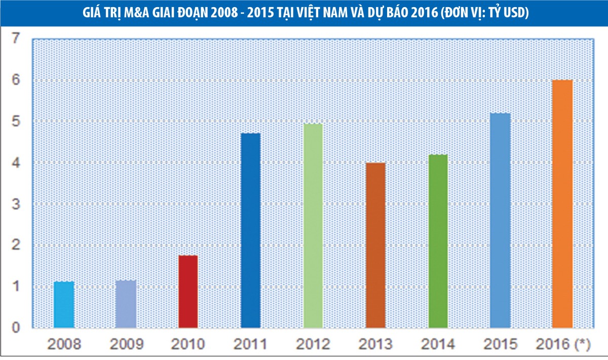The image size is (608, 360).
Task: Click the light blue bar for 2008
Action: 64,304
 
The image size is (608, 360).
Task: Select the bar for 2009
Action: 126,304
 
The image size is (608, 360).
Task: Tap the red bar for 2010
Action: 188,292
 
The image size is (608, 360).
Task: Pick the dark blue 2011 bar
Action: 251,231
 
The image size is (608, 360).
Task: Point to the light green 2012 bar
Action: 313,226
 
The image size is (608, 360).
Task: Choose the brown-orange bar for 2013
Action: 375,245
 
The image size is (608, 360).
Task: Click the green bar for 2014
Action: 438,241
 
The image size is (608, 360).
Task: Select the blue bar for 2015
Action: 500,221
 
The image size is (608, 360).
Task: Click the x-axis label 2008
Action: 64,345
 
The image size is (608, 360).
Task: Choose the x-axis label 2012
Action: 313,345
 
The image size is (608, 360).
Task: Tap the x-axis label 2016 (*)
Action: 562,345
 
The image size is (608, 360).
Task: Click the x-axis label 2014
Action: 438,345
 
